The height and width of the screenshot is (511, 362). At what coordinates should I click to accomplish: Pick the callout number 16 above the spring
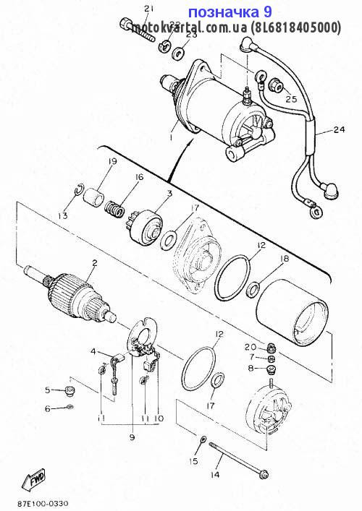(139, 177)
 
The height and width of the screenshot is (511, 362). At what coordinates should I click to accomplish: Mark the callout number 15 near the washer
(194, 460)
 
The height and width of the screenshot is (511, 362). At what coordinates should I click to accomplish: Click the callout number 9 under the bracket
(132, 437)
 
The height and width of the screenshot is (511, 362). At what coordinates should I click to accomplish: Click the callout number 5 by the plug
(47, 390)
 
